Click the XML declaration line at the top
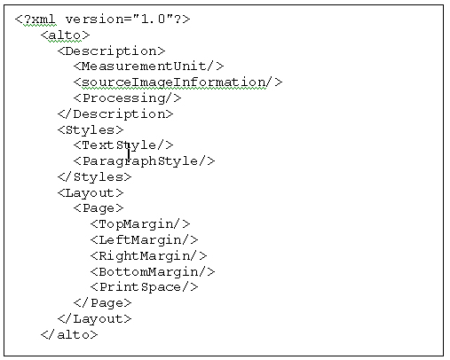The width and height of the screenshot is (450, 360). (102, 20)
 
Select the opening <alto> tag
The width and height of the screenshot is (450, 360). (65, 35)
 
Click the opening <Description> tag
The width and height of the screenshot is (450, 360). (111, 51)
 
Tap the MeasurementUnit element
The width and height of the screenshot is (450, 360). (148, 67)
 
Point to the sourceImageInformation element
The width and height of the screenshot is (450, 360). (178, 82)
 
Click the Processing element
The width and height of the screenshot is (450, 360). (127, 98)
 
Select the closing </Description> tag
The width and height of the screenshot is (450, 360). (115, 114)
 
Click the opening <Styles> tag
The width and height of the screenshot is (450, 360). (91, 130)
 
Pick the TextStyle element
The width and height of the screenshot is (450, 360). (123, 145)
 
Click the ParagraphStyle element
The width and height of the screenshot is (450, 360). (144, 161)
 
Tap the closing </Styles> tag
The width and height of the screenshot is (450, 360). (94, 177)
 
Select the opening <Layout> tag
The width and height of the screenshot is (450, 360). (91, 193)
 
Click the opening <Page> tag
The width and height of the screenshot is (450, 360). (99, 208)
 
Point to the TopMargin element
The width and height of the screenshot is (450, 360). (140, 224)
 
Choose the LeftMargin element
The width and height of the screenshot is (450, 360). (144, 240)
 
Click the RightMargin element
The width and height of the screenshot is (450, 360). (148, 256)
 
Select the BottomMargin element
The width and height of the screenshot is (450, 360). (153, 272)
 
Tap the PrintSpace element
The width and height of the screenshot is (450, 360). (144, 287)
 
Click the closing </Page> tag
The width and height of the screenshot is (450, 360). (102, 303)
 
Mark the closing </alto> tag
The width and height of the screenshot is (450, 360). (69, 335)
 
